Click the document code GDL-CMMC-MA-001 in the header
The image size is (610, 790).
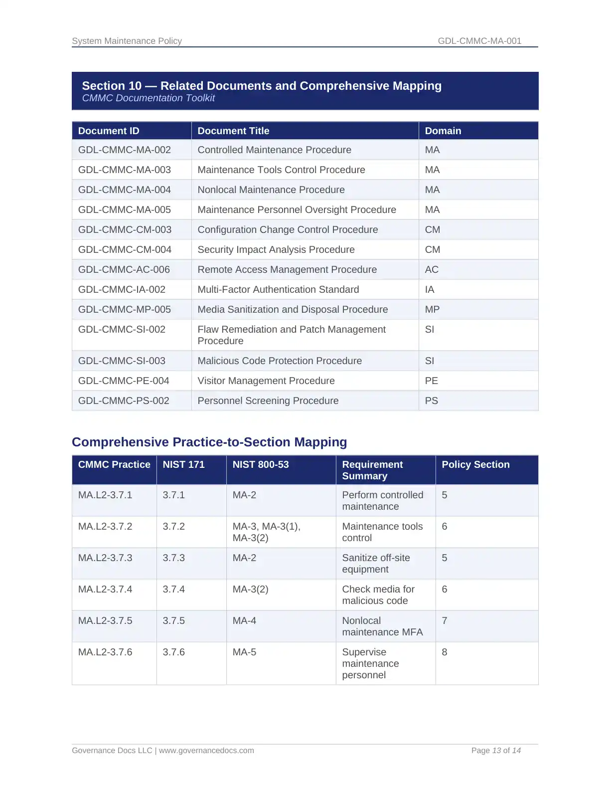[x=479, y=41]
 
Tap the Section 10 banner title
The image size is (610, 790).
[x=262, y=86]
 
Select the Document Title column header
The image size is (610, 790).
[x=233, y=131]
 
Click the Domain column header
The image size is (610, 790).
[x=443, y=131]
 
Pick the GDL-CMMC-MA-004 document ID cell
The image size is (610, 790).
[x=125, y=190]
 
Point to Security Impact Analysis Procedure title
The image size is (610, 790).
[x=276, y=249]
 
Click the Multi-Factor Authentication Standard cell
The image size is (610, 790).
[x=278, y=289]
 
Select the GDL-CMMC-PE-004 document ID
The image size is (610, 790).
[x=124, y=381]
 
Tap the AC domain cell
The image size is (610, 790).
[x=432, y=269]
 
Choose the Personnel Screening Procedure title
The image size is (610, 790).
[x=268, y=400]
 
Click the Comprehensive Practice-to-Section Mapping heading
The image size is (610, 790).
[x=209, y=442]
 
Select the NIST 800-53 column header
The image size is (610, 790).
[x=261, y=464]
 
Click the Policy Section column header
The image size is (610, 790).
[x=475, y=464]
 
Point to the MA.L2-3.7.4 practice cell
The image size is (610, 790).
[x=105, y=589]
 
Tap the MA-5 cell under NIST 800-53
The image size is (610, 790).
[x=244, y=652]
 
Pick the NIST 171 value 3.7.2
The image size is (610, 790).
[x=173, y=526]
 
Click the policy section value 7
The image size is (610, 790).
[x=445, y=620]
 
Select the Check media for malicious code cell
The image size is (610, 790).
[x=378, y=595]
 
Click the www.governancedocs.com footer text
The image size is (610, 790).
[x=206, y=750]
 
